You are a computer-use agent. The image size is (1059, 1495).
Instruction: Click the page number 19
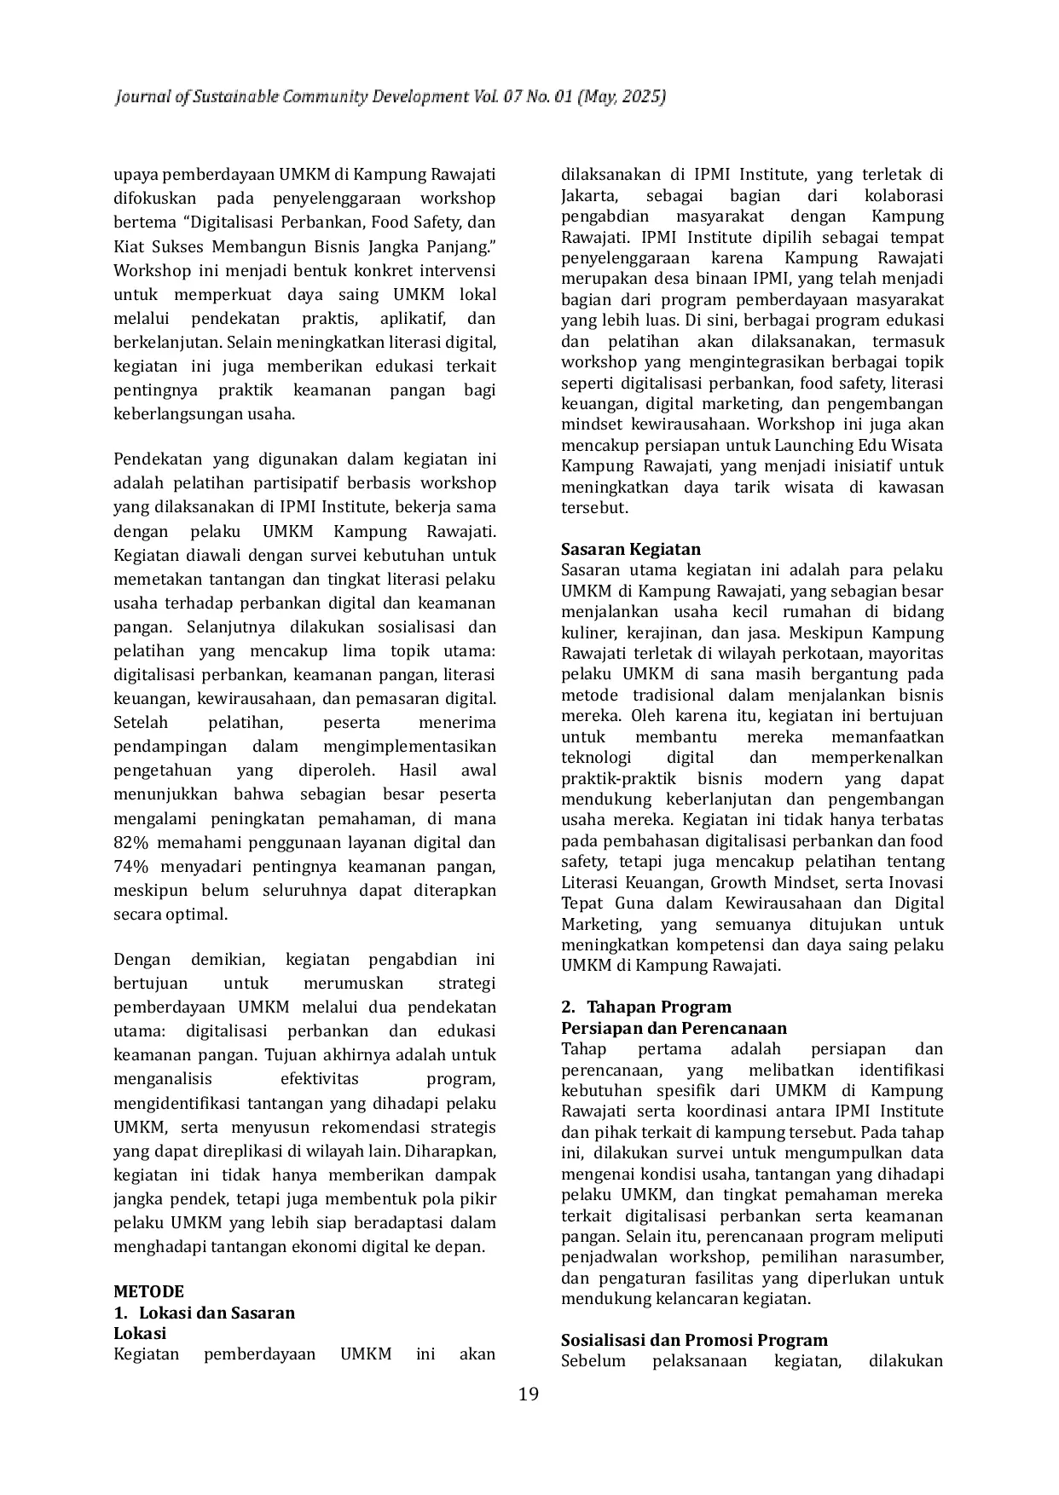click(529, 1394)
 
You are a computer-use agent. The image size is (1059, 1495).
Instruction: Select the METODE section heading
click(148, 1291)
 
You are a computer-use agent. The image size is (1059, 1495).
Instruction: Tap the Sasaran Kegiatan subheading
click(630, 549)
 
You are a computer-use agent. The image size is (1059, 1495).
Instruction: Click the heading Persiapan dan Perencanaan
click(674, 1028)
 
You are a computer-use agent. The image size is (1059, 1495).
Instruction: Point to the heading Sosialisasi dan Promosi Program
click(694, 1340)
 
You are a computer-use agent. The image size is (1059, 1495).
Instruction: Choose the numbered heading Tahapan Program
click(658, 1007)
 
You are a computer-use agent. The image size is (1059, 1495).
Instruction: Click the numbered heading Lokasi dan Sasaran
click(217, 1313)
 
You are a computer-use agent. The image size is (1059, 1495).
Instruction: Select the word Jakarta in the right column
click(588, 196)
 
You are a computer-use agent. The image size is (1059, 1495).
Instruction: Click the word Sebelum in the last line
click(593, 1361)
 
